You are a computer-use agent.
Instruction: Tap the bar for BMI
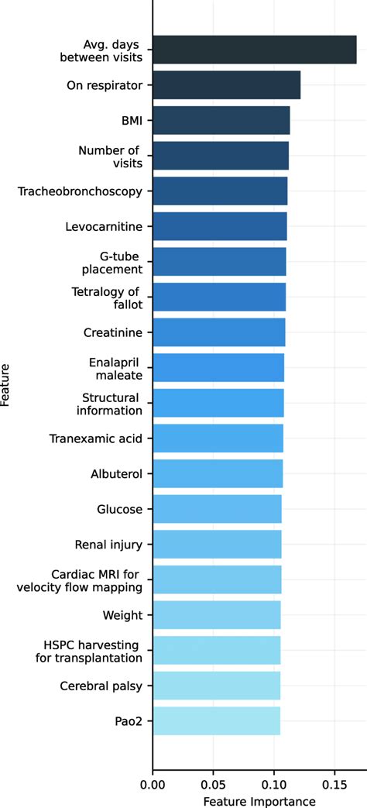[221, 120]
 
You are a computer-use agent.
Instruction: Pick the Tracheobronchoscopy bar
[220, 191]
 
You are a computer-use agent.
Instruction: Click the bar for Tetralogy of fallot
[219, 297]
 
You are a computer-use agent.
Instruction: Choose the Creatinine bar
[218, 332]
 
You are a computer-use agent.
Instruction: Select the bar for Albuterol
[218, 474]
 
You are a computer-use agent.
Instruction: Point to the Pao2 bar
[216, 721]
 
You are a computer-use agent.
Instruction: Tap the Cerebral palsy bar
[216, 686]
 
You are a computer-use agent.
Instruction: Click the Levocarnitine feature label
[104, 226]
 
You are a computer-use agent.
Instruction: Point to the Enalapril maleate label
[115, 368]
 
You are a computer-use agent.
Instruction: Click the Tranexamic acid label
[95, 438]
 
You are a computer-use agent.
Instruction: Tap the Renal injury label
[108, 545]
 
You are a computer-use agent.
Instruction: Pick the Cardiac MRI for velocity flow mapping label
[79, 580]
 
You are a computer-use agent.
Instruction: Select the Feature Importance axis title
[259, 799]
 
